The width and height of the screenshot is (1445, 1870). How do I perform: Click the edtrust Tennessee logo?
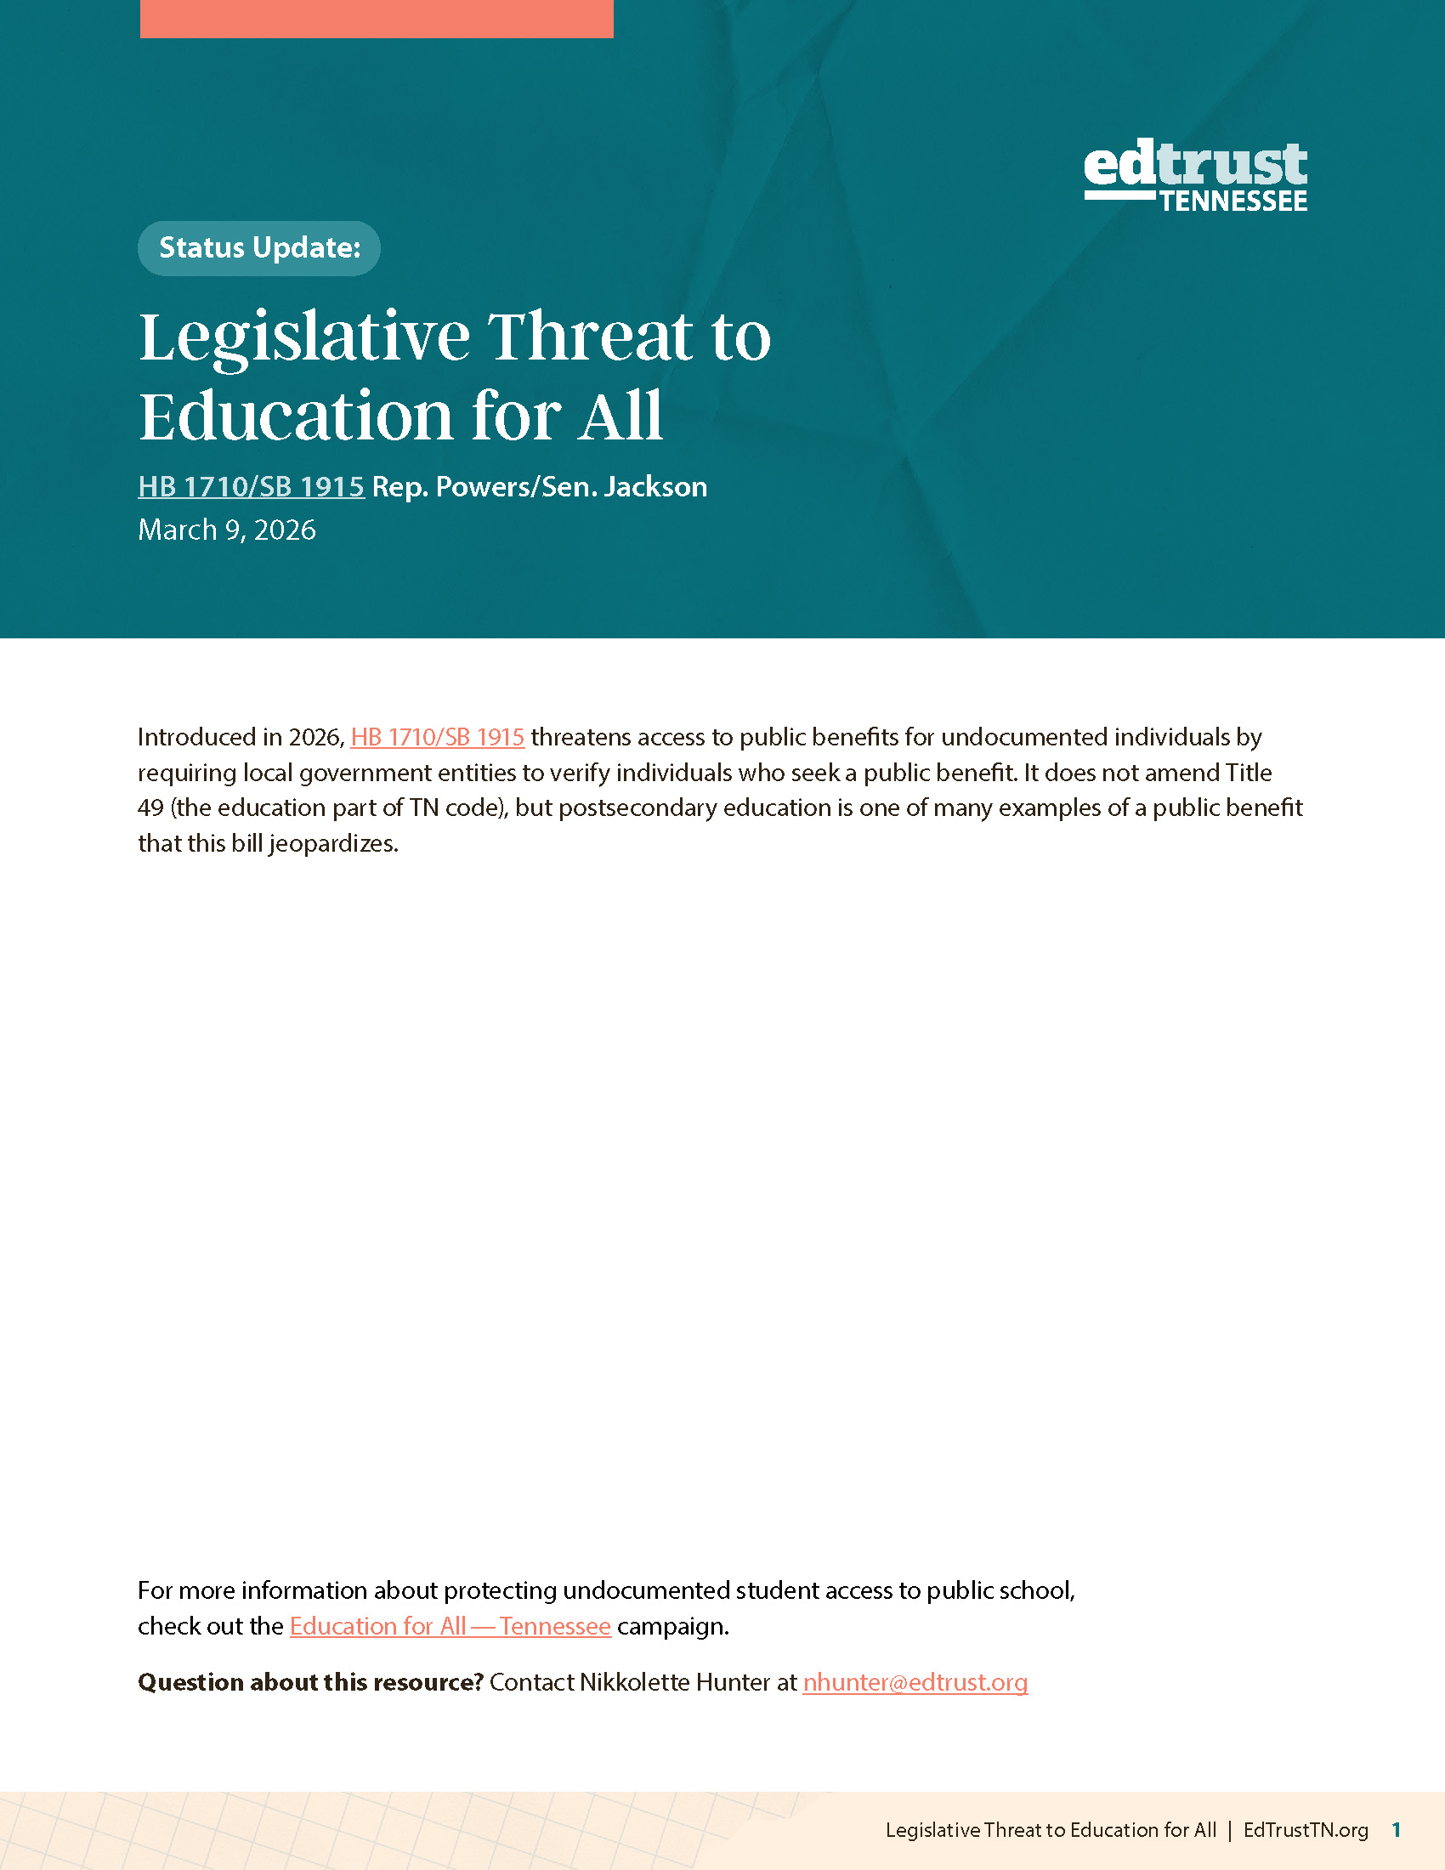pos(1195,176)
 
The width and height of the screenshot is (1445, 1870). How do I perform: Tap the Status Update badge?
pos(258,248)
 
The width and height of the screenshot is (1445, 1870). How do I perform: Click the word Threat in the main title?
pos(591,337)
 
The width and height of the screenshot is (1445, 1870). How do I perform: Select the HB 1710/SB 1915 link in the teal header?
pos(251,487)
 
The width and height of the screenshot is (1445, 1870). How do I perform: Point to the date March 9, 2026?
pos(227,530)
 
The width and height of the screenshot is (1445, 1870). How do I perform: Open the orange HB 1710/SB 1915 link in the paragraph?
pos(438,737)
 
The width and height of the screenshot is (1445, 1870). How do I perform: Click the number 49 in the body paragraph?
pos(150,808)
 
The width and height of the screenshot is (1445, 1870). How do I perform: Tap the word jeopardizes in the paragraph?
pos(333,844)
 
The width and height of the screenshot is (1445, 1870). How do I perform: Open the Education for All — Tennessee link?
pos(450,1626)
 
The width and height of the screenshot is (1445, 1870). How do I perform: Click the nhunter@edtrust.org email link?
pos(915,1682)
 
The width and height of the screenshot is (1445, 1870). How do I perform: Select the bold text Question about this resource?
pos(311,1682)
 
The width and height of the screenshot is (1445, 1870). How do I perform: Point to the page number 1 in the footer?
pos(1397,1830)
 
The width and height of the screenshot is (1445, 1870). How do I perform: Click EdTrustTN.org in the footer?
pos(1306,1830)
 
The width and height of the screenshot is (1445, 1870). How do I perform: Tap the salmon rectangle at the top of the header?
pos(377,18)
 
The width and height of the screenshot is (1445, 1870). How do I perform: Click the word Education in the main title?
pos(295,417)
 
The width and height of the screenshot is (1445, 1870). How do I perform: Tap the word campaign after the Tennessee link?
pos(671,1626)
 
